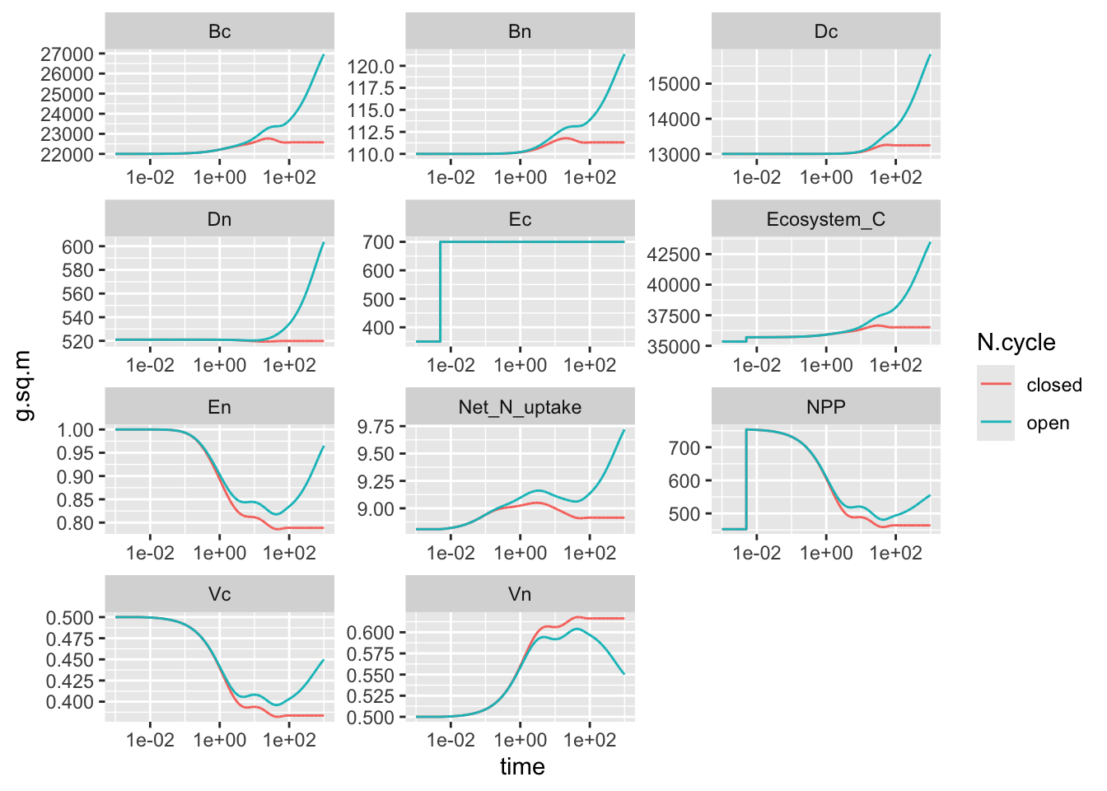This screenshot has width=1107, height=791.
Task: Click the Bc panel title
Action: coord(219,31)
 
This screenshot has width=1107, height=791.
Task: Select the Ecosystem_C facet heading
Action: coord(825,219)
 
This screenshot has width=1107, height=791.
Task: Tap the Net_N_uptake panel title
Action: coord(520,407)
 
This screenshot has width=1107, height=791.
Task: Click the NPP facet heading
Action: coord(825,407)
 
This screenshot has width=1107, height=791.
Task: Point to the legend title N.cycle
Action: coord(1016,343)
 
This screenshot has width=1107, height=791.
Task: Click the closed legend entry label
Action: coord(1053,385)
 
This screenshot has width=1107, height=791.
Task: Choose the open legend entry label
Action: coord(1047,424)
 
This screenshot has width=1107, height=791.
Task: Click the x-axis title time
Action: coord(522,767)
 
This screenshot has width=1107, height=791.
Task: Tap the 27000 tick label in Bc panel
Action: coord(67,54)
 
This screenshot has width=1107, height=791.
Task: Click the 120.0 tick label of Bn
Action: coord(371,67)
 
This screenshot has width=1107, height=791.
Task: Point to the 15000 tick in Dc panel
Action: coord(673,84)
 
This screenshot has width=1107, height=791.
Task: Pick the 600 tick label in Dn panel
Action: coord(77,247)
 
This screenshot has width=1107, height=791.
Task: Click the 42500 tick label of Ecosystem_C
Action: coord(673,255)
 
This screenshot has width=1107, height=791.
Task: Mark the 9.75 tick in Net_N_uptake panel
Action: coord(376,427)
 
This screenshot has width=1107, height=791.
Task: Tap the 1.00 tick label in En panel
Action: coord(75,430)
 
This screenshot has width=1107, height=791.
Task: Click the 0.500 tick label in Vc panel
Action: coord(69,618)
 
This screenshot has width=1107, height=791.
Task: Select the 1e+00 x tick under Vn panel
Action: coord(520,740)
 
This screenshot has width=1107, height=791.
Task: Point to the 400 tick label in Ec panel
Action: coord(378,328)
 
